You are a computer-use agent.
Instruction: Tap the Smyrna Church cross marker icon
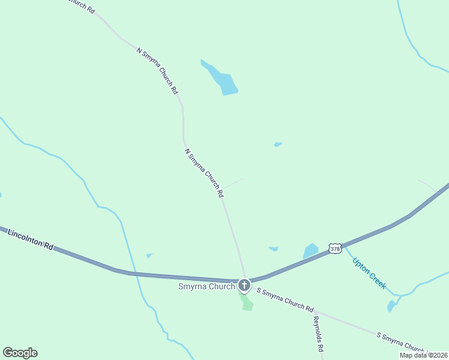244,285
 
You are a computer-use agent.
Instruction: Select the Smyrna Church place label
206,286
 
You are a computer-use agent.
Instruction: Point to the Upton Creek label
369,273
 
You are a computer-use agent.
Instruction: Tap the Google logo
20,353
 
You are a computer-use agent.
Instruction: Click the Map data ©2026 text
423,355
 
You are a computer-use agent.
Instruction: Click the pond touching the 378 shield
311,251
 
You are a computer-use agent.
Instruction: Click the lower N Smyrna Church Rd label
204,173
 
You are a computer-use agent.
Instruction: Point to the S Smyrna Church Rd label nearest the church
285,299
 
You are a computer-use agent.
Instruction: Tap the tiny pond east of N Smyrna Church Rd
277,144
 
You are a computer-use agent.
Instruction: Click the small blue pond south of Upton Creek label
391,306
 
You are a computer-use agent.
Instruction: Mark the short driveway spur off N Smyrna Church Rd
234,183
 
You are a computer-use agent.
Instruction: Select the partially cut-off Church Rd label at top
80,6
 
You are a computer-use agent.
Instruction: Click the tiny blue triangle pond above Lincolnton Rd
149,256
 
